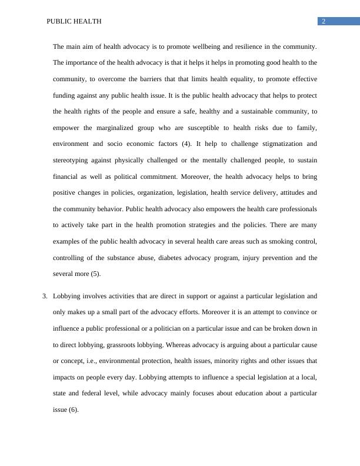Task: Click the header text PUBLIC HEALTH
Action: pos(74,21)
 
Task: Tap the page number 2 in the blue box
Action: pos(323,21)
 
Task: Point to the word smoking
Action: pos(272,241)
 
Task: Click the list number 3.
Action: pos(45,296)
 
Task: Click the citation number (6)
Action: pos(71,410)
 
